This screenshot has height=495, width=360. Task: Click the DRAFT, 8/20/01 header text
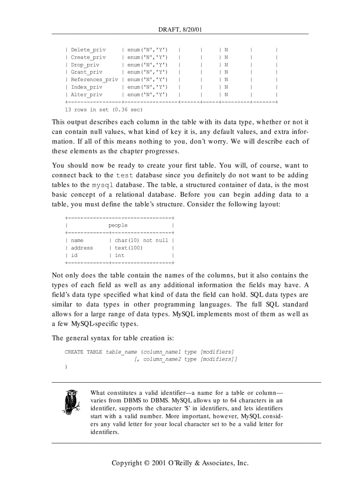click(x=180, y=30)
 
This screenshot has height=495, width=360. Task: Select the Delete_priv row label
click(x=88, y=50)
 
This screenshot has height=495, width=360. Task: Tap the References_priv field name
click(x=94, y=80)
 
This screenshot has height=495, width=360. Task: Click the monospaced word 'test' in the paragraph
click(x=124, y=175)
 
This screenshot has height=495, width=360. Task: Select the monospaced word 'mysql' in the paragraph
click(x=102, y=185)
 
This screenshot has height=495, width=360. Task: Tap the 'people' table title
click(x=118, y=226)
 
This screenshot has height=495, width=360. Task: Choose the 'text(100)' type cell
click(x=128, y=248)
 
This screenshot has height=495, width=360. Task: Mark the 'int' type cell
click(x=120, y=256)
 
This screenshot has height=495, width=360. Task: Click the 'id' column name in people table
click(x=74, y=256)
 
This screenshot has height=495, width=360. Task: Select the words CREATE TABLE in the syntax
click(x=83, y=352)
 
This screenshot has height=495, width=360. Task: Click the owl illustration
click(x=71, y=402)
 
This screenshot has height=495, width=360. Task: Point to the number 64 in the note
click(x=234, y=401)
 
